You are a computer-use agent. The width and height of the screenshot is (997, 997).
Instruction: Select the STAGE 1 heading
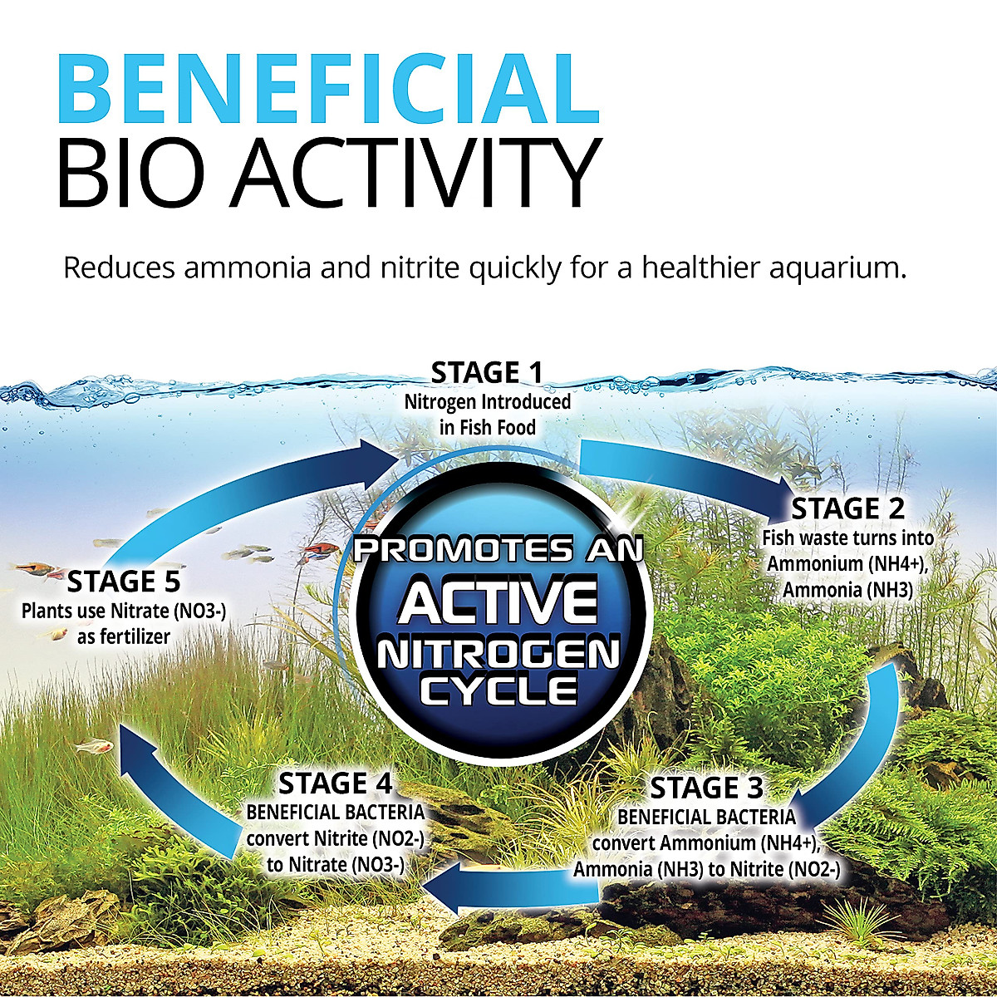click(487, 374)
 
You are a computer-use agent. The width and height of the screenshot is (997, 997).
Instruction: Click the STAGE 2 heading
click(847, 508)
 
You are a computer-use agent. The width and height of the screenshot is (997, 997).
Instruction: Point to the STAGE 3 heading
click(706, 788)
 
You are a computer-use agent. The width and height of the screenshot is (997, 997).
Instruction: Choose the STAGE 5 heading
click(124, 581)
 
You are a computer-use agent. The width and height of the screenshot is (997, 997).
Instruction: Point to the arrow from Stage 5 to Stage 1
click(249, 490)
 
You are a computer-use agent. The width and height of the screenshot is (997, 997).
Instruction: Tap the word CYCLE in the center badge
click(498, 688)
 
